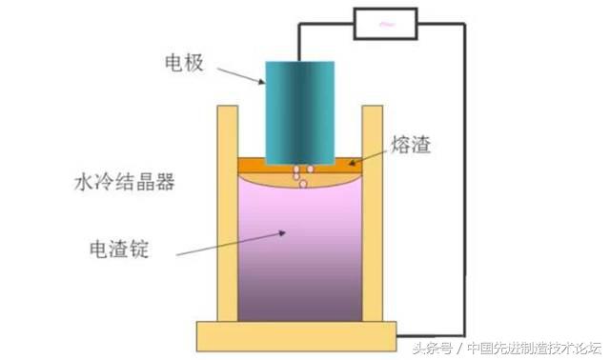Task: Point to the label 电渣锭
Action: pyautogui.click(x=119, y=249)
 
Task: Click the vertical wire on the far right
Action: pyautogui.click(x=465, y=181)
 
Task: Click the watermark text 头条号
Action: pyautogui.click(x=432, y=348)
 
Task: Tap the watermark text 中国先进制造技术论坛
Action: pyautogui.click(x=534, y=348)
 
